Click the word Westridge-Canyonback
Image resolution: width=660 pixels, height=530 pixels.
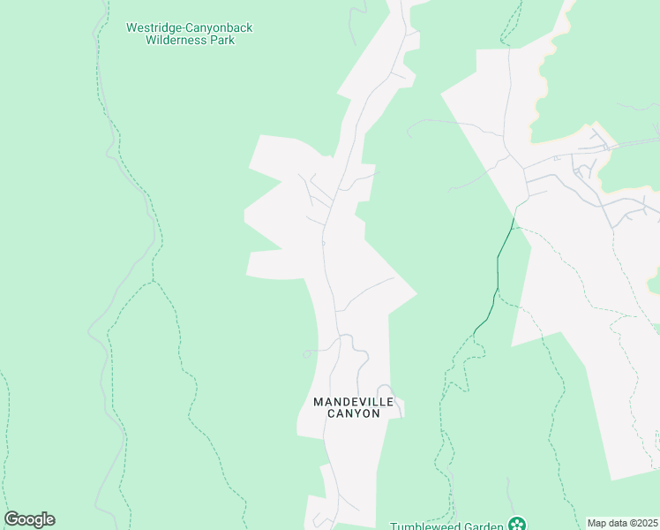[x=189, y=27]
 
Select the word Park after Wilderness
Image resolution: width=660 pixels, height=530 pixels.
[x=222, y=40]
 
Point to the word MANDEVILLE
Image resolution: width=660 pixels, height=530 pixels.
[x=353, y=402]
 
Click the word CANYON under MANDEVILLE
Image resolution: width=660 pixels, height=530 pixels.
[x=353, y=413]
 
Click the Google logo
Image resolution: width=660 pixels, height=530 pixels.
[x=29, y=519]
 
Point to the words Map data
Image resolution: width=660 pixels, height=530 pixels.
[x=606, y=523]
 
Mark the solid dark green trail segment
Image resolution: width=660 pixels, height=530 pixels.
[x=498, y=274]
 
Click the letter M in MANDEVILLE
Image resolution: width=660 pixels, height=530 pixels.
[x=319, y=402]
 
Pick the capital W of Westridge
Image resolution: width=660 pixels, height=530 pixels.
[x=131, y=27]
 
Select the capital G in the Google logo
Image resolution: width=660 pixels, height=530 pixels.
[x=11, y=519]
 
